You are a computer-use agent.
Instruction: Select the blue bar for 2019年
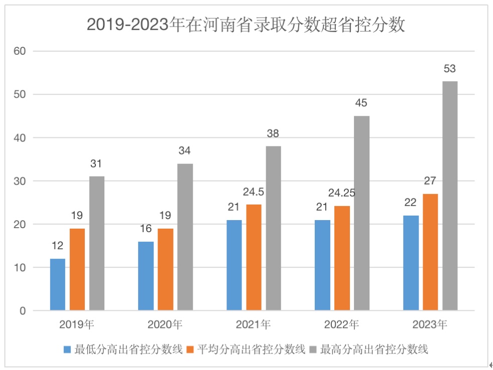point(58,284)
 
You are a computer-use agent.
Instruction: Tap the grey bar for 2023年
point(450,196)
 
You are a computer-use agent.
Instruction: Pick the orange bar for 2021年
point(254,257)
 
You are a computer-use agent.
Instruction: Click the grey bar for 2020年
point(185,237)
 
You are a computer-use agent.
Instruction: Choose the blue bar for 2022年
point(322,265)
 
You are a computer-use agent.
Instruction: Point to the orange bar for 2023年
point(430,252)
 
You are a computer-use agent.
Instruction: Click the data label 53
point(450,69)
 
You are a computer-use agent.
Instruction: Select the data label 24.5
point(254,192)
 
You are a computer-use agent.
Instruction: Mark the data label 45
point(361,103)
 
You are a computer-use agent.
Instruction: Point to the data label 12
point(58,246)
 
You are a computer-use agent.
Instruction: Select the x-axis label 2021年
point(254,324)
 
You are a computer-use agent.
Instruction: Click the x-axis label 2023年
point(430,324)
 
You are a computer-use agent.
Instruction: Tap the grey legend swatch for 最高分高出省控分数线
point(314,349)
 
